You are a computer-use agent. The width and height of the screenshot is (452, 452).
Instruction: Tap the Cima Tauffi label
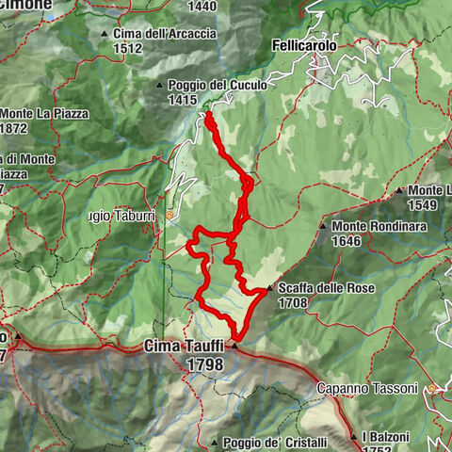(x=184, y=347)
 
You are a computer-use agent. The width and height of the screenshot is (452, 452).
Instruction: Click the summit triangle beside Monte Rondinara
(x=323, y=227)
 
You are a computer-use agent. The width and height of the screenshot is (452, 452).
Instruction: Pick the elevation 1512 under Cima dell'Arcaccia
(x=127, y=48)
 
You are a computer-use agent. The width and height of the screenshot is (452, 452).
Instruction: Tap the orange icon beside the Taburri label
(x=169, y=216)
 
